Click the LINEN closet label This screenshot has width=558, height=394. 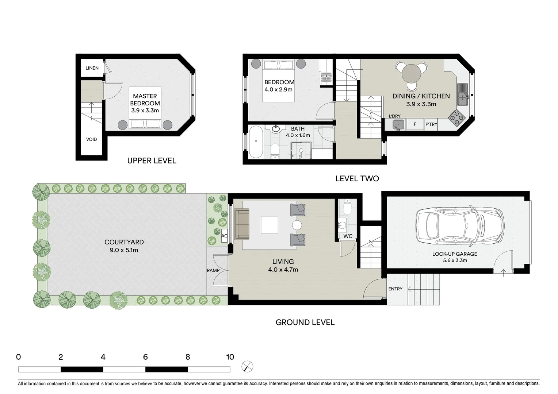(x=92, y=68)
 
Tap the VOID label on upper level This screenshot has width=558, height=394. (x=91, y=139)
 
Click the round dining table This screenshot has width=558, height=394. (x=412, y=74)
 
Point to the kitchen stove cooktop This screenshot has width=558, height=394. (x=456, y=117)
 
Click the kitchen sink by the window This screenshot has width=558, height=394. (x=462, y=94)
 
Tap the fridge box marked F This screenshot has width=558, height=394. (x=415, y=124)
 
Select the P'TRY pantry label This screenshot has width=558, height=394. (x=431, y=124)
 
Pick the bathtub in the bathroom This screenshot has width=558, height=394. (x=256, y=142)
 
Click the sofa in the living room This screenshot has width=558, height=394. (x=242, y=224)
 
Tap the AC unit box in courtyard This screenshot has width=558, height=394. (x=224, y=236)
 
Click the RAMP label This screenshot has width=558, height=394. (x=213, y=270)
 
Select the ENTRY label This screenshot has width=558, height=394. (x=395, y=289)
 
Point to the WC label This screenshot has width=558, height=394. (x=348, y=236)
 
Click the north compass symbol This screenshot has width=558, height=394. (x=247, y=366)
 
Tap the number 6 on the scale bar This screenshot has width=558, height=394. (x=145, y=357)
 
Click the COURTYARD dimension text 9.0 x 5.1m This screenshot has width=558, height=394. (x=124, y=250)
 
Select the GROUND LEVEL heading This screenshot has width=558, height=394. (x=305, y=322)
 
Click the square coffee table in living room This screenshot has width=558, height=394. (x=269, y=225)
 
